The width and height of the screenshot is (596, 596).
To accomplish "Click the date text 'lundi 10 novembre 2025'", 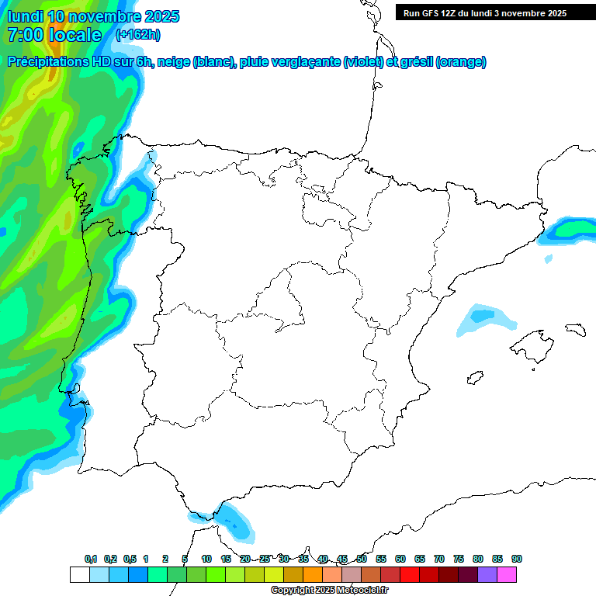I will (93, 16).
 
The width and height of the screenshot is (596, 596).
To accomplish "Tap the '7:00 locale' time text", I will (54, 35).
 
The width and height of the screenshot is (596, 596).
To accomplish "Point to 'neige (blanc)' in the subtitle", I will (195, 62).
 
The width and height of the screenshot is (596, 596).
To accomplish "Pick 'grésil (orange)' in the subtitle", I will (443, 62).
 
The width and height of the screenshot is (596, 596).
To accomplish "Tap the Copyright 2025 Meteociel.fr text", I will (330, 591).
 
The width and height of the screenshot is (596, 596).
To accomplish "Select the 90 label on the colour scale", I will (517, 559).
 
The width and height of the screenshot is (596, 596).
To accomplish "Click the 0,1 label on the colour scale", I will (91, 559).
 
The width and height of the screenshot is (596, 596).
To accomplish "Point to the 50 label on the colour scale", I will (362, 559).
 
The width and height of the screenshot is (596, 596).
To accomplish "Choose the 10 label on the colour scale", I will (206, 559).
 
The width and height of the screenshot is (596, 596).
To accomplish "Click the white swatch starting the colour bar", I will (79, 574).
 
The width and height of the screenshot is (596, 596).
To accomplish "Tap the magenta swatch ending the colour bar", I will (507, 574).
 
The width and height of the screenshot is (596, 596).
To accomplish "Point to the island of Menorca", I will (575, 329).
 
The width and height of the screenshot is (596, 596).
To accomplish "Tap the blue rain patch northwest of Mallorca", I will (485, 318).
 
